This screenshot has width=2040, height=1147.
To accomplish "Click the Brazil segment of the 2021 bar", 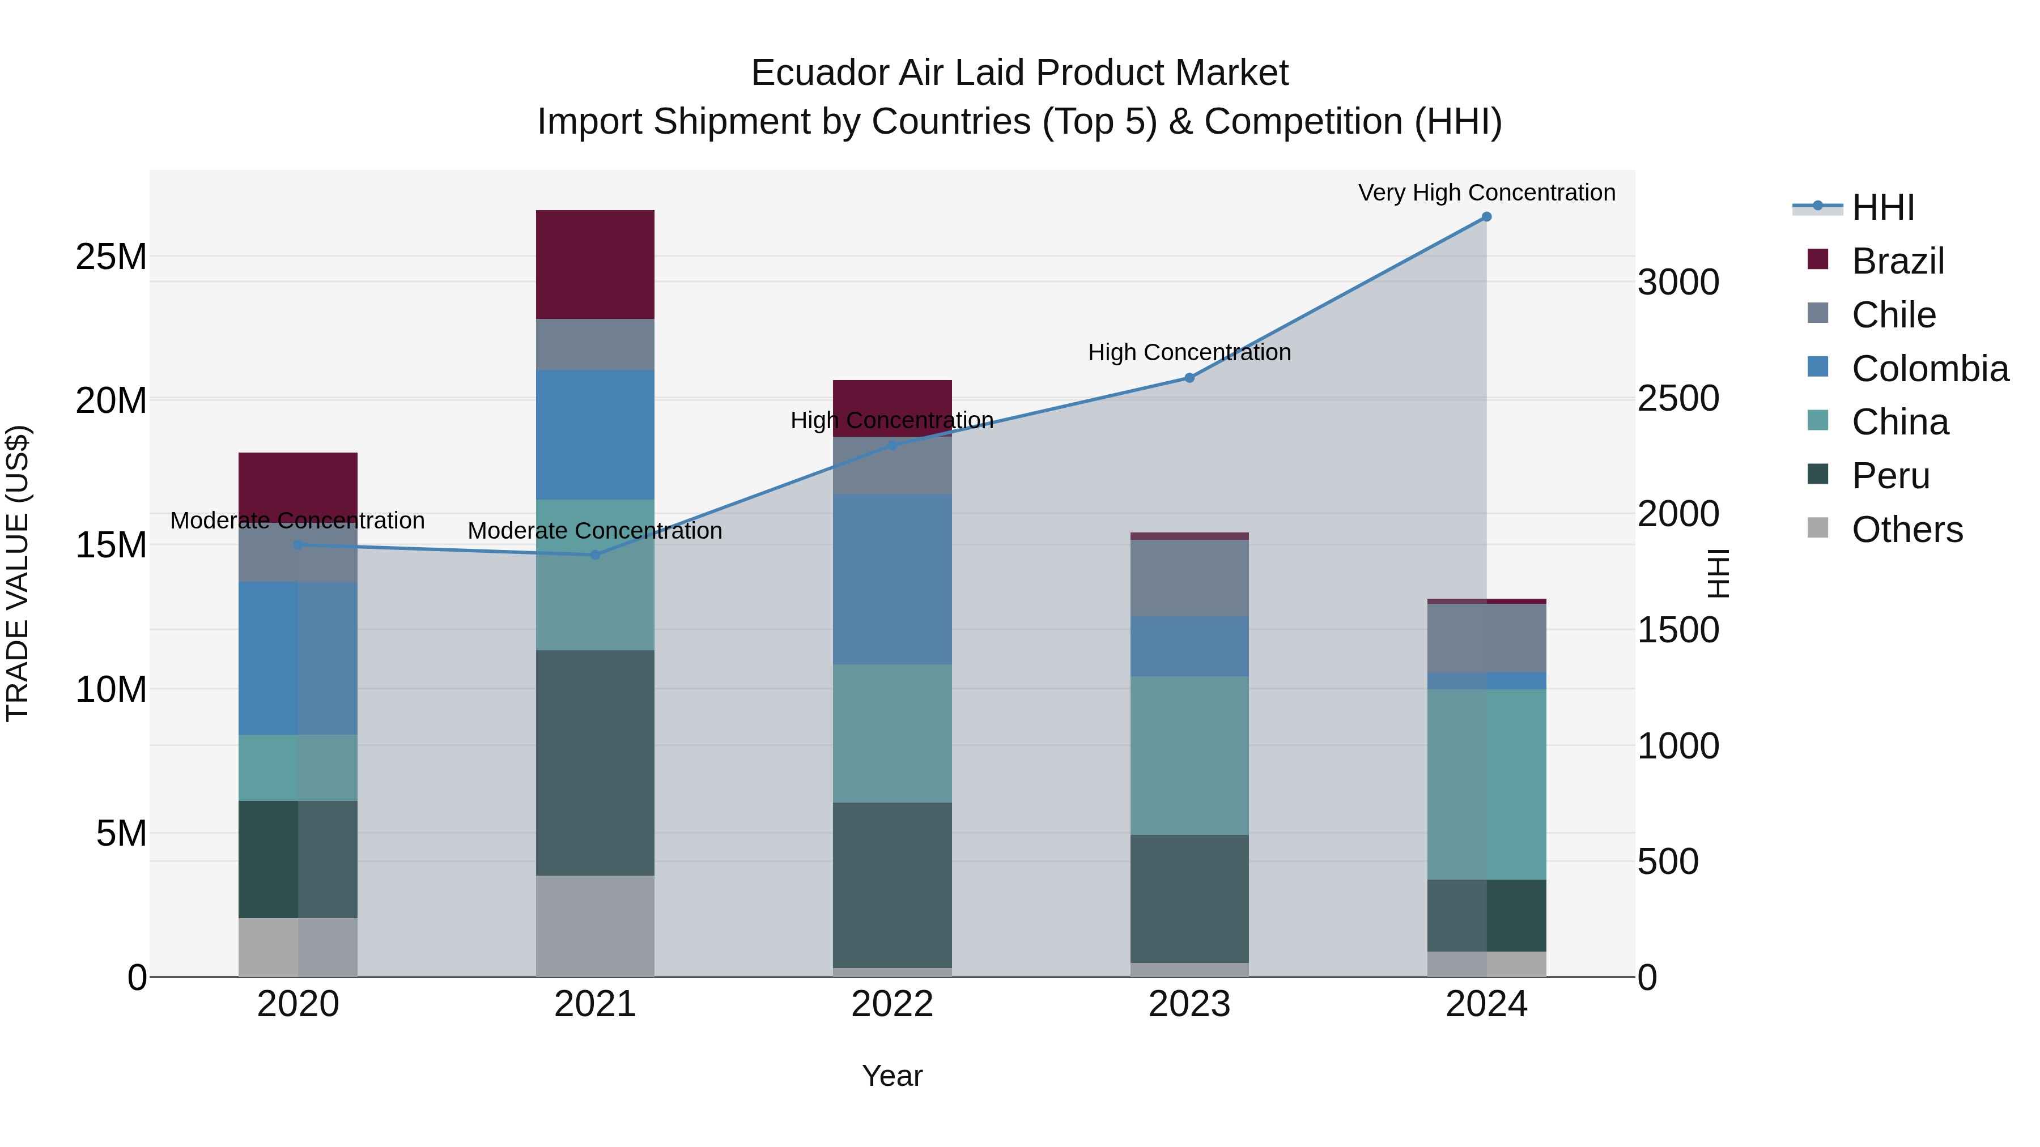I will (595, 265).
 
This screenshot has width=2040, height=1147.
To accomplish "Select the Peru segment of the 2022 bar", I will (892, 884).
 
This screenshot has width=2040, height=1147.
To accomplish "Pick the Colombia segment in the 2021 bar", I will (595, 434).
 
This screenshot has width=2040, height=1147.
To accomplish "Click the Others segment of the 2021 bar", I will (595, 926).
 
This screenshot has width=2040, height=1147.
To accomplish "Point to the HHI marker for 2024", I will (1486, 217).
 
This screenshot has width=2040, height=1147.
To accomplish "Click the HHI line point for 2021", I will (596, 555).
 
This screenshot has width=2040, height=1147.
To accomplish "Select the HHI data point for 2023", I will (1189, 378).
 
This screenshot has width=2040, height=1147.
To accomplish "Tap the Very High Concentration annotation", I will (1486, 193).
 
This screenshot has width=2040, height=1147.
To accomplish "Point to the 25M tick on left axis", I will (111, 257).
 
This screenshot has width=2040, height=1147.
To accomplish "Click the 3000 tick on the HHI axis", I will (1678, 283).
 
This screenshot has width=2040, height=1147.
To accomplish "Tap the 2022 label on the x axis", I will (892, 1004).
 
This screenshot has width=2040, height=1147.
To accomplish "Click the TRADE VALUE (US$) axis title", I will (18, 573).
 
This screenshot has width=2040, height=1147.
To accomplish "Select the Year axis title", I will (892, 1076).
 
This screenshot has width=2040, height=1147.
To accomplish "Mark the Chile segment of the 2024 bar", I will (1486, 638).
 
